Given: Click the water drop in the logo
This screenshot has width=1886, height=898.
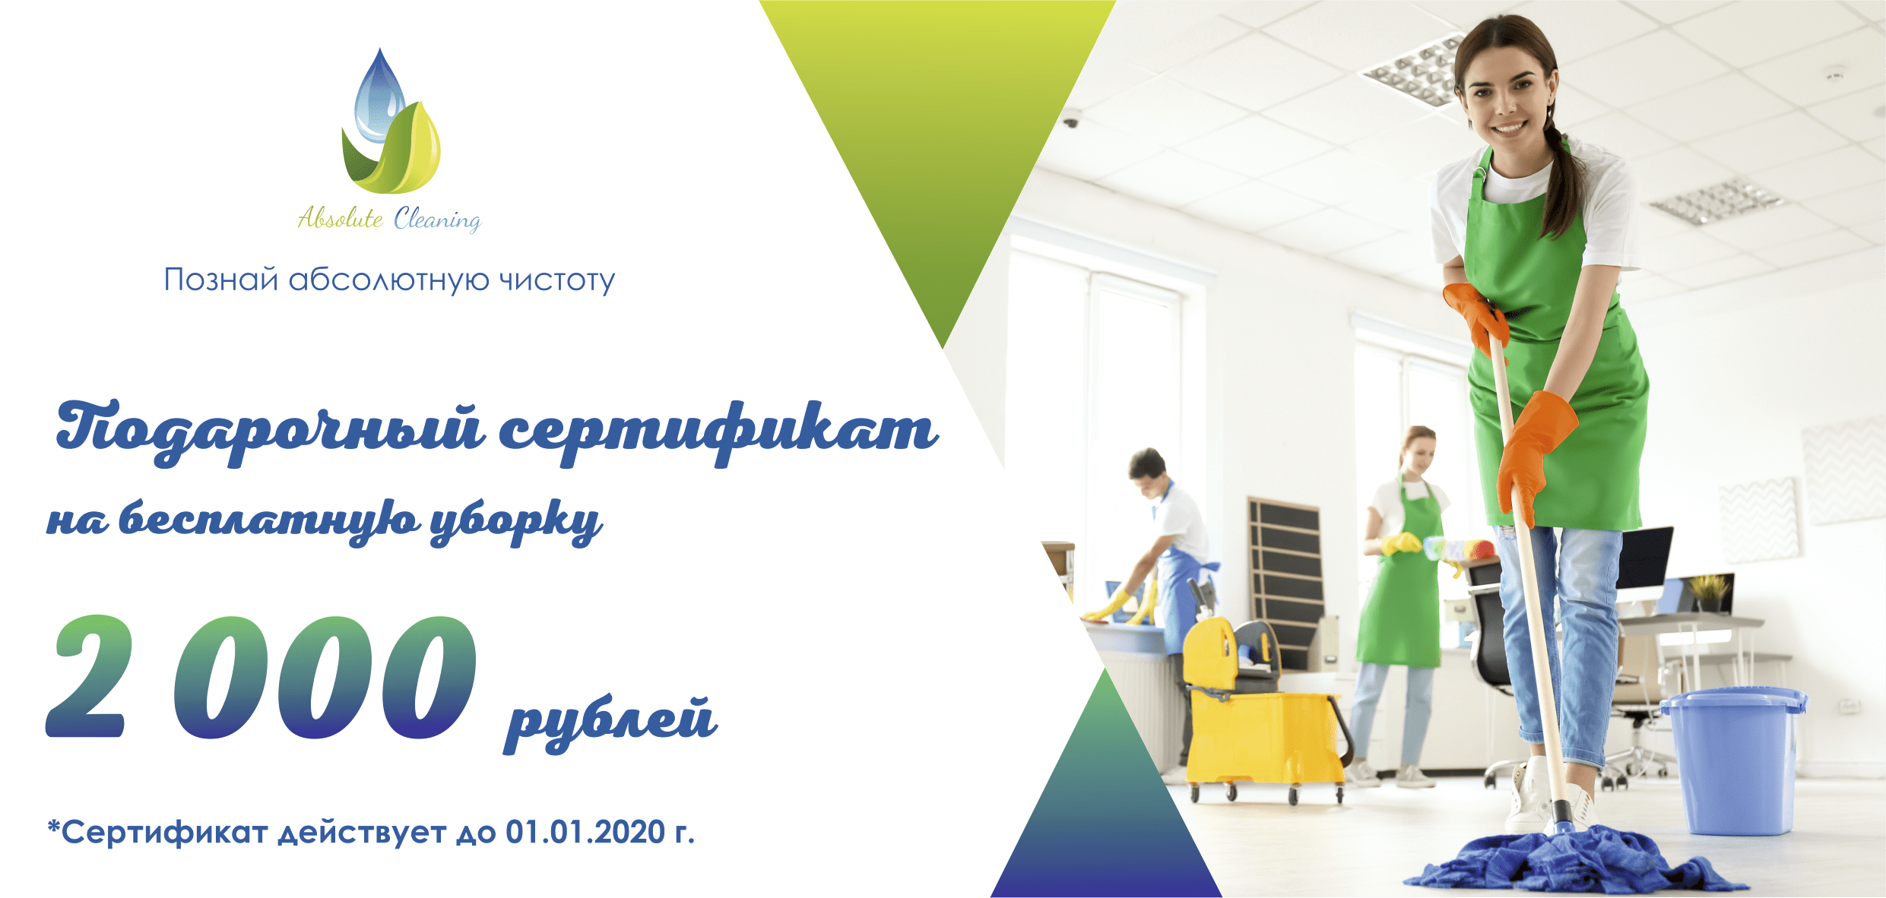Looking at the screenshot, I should click(x=380, y=95).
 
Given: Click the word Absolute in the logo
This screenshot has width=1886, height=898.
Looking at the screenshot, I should click(x=341, y=219).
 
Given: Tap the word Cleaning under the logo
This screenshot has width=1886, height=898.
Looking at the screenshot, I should click(x=437, y=220).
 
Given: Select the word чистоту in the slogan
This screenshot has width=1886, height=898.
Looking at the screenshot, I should click(x=556, y=280).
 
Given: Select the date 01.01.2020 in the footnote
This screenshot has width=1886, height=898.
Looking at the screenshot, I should click(x=585, y=833).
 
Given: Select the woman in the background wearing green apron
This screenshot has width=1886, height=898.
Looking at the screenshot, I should click(x=1403, y=577).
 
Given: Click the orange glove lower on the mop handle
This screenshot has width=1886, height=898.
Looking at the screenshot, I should click(x=1533, y=448).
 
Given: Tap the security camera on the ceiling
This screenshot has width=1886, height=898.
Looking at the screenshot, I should click(x=1072, y=119).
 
